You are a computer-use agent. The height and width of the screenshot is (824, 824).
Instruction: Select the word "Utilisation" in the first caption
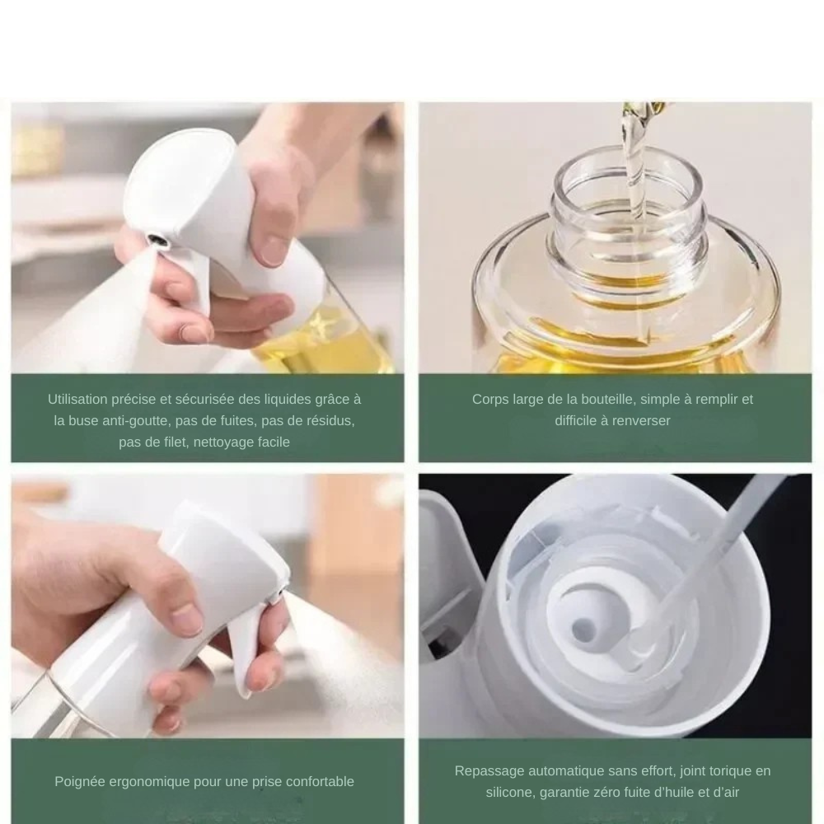(x=77, y=399)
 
